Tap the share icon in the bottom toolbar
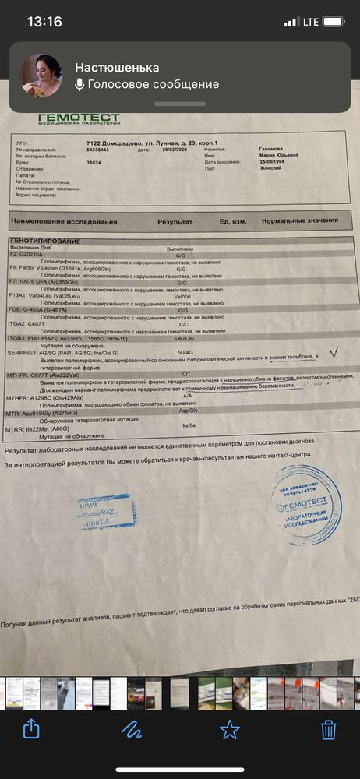31,728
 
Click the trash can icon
329,728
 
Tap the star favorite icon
229,728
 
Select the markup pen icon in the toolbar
130,728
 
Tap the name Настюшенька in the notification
117,68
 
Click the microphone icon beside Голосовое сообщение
79,85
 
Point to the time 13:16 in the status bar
44,23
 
